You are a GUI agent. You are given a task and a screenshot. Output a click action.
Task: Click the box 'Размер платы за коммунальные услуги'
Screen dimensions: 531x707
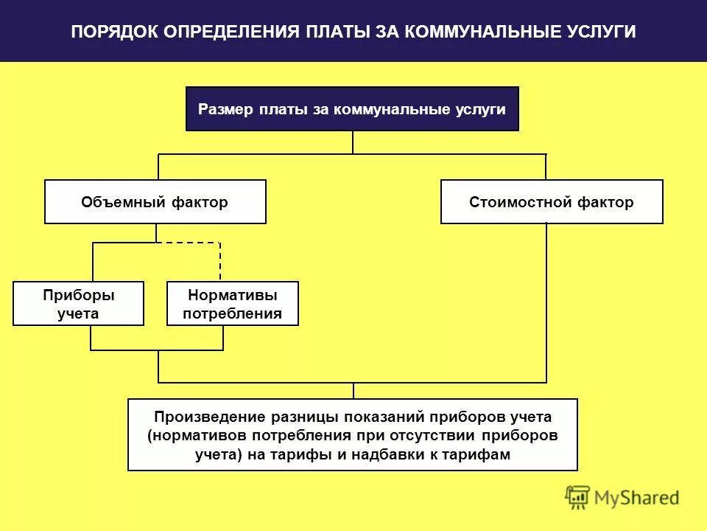[x=352, y=109]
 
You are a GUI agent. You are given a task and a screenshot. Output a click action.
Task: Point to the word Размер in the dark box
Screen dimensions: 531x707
[x=226, y=109]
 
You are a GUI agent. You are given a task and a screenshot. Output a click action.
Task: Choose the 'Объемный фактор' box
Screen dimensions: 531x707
[x=155, y=202]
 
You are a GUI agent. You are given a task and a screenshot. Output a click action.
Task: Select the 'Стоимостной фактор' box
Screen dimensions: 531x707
[x=552, y=202]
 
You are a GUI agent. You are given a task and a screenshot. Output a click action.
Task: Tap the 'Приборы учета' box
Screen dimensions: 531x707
[x=79, y=304]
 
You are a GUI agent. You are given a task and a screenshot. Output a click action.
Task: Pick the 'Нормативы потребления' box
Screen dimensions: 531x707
[x=233, y=304]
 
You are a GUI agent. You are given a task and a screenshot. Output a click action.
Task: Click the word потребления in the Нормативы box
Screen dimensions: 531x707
[x=233, y=313]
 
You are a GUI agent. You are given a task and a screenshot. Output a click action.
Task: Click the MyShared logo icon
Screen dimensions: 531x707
[x=577, y=499]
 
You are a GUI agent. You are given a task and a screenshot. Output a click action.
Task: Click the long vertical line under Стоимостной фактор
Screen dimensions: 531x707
[x=546, y=302]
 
